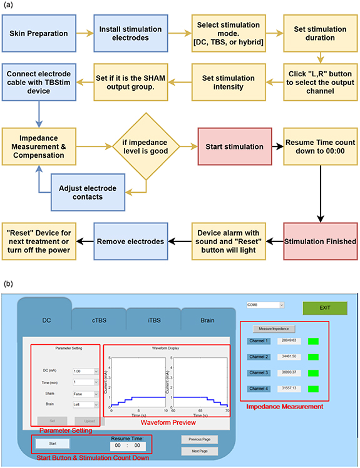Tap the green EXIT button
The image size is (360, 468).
coord(324,307)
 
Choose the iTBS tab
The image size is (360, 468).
coord(153,320)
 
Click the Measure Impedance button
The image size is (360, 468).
coord(274,328)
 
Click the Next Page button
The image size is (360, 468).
coord(198,450)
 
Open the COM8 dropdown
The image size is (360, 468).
coord(265,305)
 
